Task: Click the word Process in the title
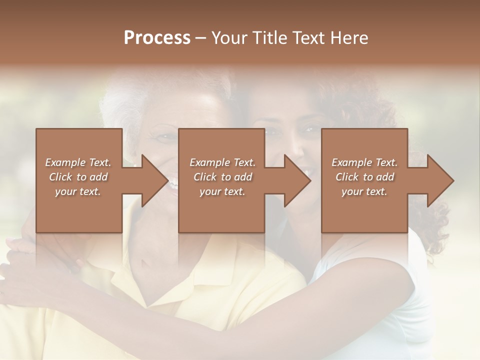(157, 37)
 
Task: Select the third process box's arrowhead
(439, 180)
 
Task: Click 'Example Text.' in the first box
(78, 162)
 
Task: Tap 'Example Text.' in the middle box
(222, 162)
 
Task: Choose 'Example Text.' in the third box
(364, 162)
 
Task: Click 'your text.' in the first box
(78, 191)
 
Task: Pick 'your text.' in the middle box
(222, 191)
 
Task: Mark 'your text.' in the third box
(364, 191)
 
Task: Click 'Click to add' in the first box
(78, 177)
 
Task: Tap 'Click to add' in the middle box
(222, 177)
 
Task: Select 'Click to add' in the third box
(364, 177)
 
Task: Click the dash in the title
(201, 38)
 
